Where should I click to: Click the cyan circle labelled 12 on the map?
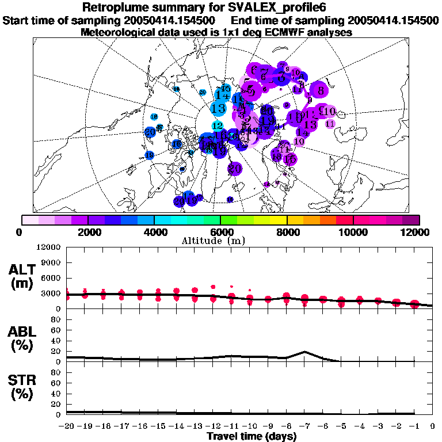(x=218, y=125)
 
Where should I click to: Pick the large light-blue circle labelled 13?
(x=218, y=108)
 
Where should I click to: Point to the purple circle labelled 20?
(x=234, y=169)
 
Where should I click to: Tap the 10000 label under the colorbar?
(x=353, y=232)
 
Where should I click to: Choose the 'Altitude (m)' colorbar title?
(x=220, y=240)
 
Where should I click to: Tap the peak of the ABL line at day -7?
(x=304, y=352)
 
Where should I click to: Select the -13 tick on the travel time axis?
(x=195, y=426)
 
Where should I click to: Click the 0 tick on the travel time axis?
(x=433, y=426)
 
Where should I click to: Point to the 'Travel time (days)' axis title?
(x=252, y=436)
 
